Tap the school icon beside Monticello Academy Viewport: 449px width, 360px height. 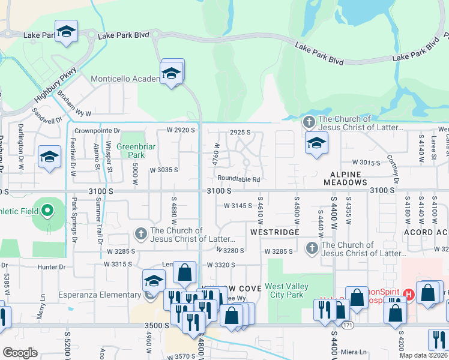tap(172, 74)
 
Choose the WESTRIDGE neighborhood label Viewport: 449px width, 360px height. tap(275, 232)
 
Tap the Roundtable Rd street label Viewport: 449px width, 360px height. tap(238, 179)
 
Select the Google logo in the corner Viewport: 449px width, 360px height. tap(20, 353)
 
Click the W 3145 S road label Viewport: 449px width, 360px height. tap(238, 205)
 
